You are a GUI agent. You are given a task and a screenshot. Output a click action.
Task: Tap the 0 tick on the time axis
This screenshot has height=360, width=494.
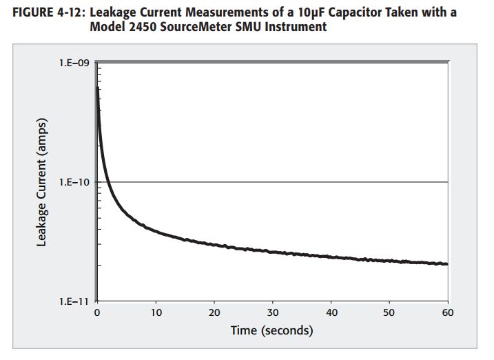(x=97, y=313)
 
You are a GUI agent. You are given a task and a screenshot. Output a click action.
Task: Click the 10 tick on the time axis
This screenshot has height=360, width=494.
(x=156, y=313)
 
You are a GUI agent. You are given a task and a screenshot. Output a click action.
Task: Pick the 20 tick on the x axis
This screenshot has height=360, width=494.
(x=214, y=313)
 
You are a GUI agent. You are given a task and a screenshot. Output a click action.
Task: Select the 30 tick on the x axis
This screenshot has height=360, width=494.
(x=273, y=313)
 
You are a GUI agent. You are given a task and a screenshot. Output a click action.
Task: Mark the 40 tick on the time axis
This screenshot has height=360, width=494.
(x=331, y=313)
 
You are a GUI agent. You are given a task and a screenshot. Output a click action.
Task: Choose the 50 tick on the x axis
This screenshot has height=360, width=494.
(x=390, y=313)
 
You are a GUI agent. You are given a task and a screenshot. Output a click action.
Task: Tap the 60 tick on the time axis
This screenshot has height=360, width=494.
(x=448, y=313)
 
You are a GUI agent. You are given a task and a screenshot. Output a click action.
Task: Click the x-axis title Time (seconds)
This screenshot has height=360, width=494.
(x=272, y=330)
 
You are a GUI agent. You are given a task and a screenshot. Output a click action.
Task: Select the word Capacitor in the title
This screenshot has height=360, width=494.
(x=364, y=13)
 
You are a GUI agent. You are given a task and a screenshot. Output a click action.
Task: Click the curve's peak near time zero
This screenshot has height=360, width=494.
(x=97, y=87)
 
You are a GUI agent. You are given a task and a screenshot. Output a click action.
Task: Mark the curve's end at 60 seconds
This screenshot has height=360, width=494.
(x=447, y=264)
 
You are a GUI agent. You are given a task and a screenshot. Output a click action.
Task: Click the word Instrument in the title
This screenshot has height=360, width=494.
(x=292, y=27)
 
